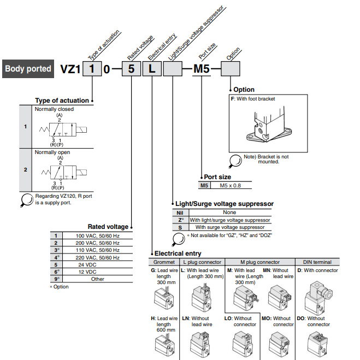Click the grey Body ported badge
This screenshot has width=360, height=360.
coord(28,69)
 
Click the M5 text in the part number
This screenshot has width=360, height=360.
coord(201,69)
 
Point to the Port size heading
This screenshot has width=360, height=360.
coord(217,177)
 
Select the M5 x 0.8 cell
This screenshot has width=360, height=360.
coord(231,186)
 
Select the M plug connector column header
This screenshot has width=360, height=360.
coord(260,262)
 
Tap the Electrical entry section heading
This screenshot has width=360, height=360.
coord(178,253)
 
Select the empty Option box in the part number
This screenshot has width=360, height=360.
coord(229,69)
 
